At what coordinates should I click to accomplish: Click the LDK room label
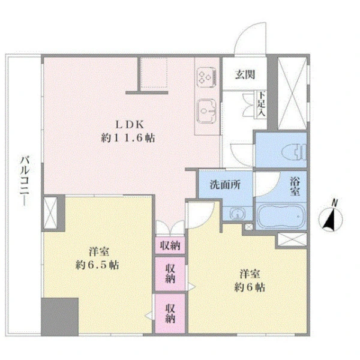(130, 125)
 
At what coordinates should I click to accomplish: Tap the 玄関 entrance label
(245, 74)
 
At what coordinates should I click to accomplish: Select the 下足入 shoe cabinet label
(261, 104)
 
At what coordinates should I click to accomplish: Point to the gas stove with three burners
(206, 77)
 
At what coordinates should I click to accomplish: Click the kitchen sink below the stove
(206, 111)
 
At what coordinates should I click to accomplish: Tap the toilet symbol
(294, 152)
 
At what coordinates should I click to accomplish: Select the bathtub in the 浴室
(281, 216)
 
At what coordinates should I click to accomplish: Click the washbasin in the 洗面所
(238, 214)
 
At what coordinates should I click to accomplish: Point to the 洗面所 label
(225, 185)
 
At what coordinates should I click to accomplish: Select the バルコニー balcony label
(25, 181)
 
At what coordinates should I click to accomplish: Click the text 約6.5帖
(97, 265)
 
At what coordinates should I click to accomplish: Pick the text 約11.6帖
(128, 138)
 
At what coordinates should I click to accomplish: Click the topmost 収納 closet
(170, 245)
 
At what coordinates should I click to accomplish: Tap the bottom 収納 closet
(170, 313)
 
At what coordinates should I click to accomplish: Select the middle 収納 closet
(170, 274)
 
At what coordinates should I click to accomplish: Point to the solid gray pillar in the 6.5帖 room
(60, 317)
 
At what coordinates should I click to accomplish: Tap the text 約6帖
(250, 287)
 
